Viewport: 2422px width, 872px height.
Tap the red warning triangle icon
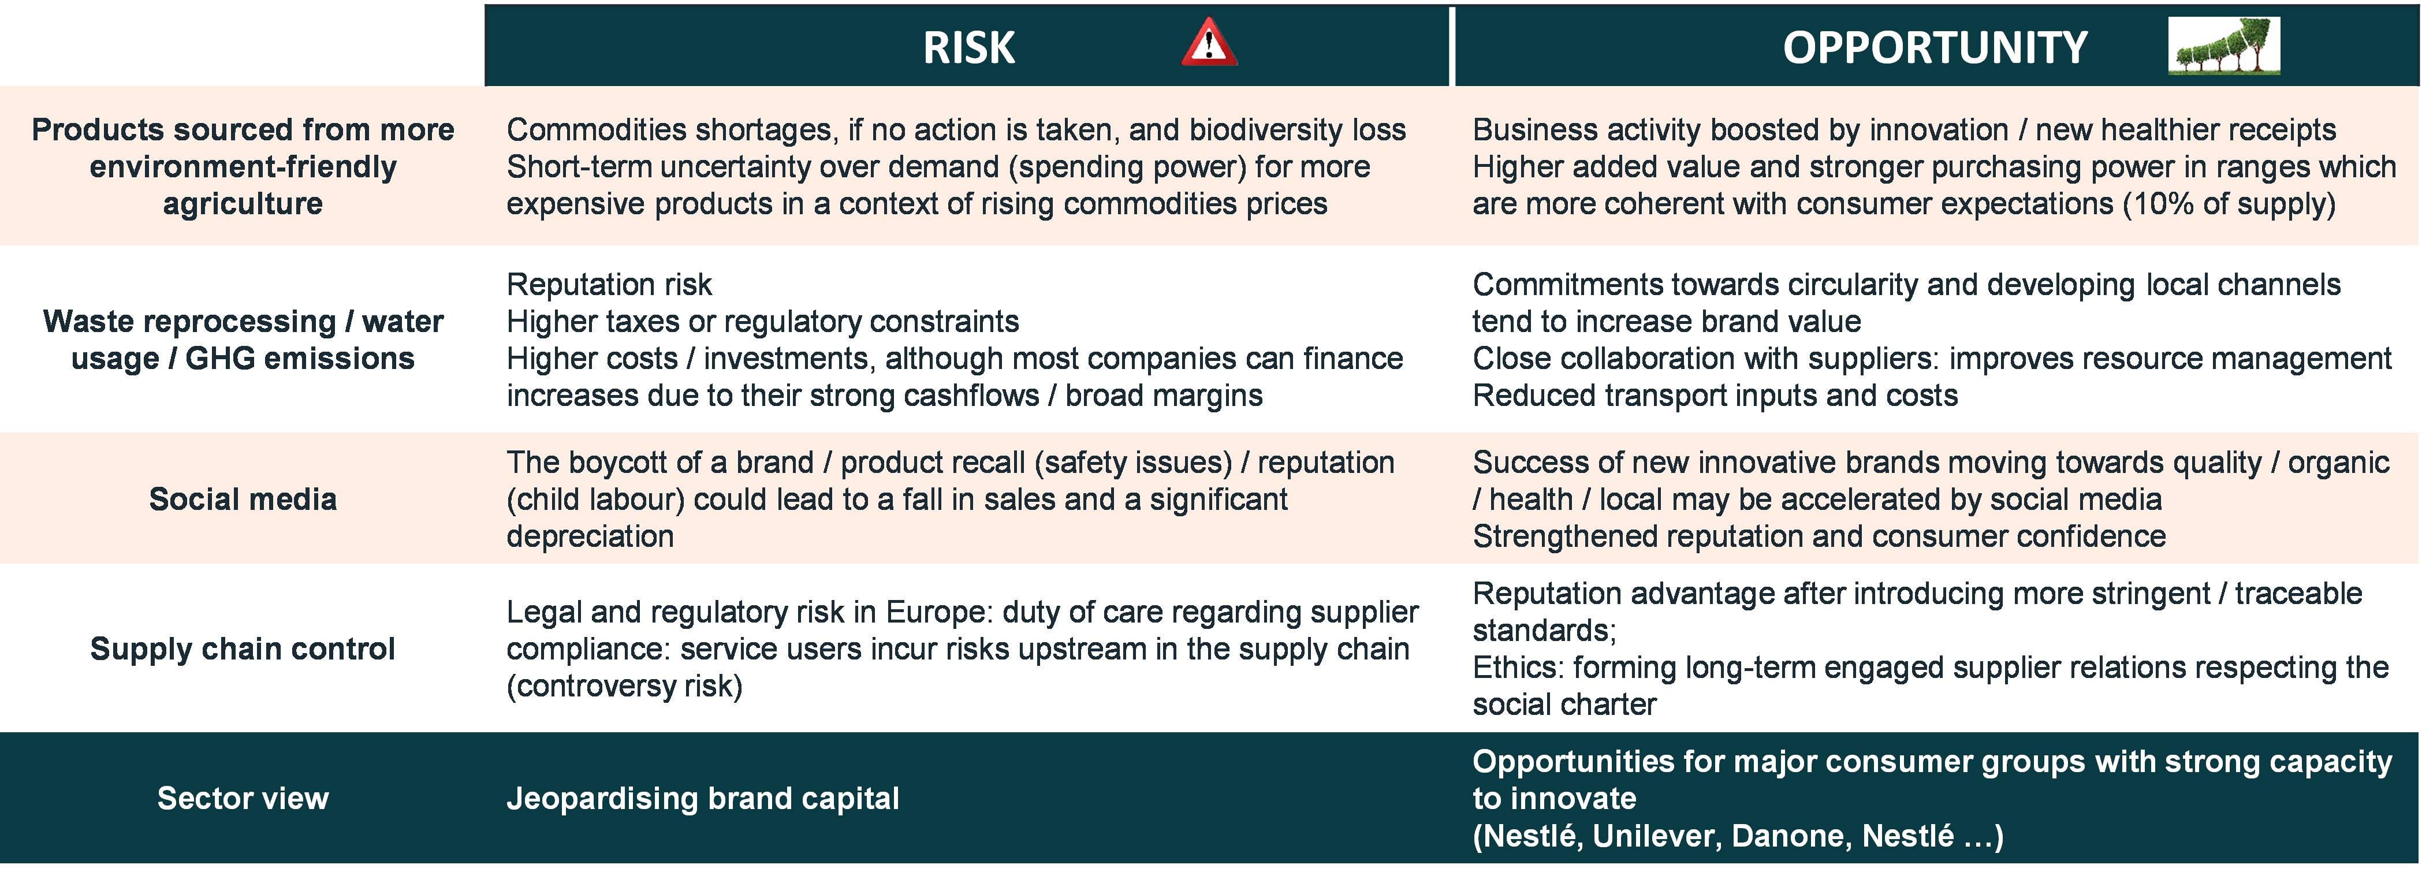pos(1209,44)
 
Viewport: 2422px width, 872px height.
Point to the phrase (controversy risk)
pos(624,685)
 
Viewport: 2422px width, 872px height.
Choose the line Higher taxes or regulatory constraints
pos(762,322)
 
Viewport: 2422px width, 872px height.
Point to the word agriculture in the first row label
pos(243,204)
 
